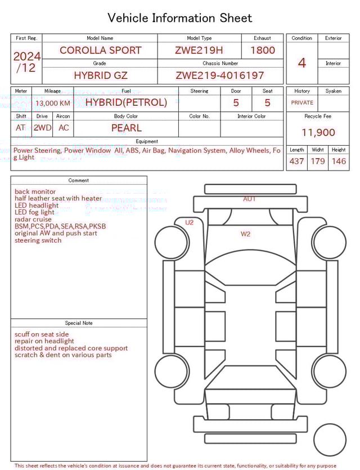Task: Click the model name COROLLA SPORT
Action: point(100,50)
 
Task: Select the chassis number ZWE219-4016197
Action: point(220,75)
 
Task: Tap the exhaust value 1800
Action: point(262,50)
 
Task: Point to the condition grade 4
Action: point(301,63)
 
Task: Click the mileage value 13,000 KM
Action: point(52,103)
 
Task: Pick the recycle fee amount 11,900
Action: point(318,133)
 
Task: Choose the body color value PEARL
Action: point(126,128)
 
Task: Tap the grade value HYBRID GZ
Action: point(100,75)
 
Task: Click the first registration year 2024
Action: point(26,57)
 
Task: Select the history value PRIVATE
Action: point(302,103)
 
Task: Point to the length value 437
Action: point(296,162)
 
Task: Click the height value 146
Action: point(339,162)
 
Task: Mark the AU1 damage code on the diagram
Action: point(249,199)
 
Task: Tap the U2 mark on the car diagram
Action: point(190,222)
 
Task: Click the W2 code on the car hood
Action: point(246,234)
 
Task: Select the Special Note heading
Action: point(79,323)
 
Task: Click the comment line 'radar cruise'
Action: point(33,220)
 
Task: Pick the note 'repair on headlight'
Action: point(44,341)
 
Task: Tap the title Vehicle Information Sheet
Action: point(180,18)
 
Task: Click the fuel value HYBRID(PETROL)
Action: point(126,102)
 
